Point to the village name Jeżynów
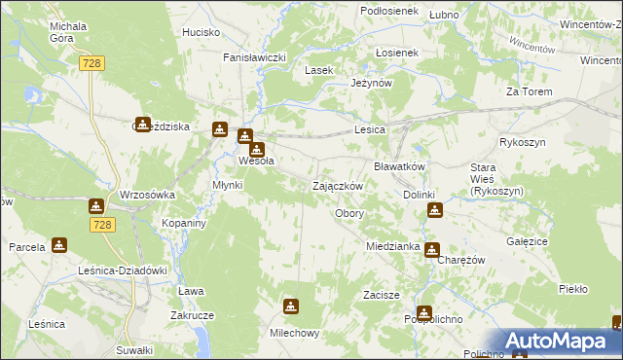(x=371, y=84)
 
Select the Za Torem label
(x=529, y=91)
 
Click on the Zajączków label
(x=338, y=186)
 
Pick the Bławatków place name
(x=400, y=166)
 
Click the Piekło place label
(x=573, y=289)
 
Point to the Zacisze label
(x=383, y=294)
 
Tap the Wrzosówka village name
(x=147, y=195)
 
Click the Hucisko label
(x=201, y=32)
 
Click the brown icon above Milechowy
(x=290, y=307)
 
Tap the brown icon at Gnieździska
(x=143, y=125)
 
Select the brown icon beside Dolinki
(x=435, y=208)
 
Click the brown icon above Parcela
(x=59, y=245)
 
